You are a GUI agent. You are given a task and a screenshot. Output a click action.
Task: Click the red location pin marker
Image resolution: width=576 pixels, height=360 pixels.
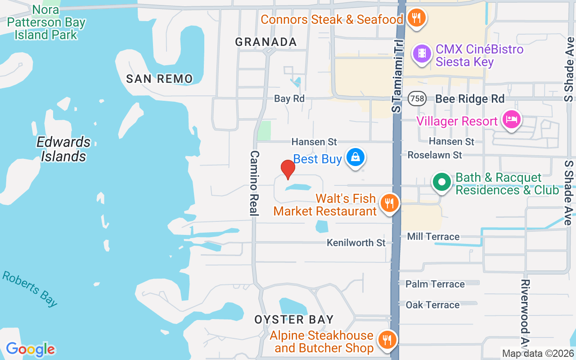click(288, 169)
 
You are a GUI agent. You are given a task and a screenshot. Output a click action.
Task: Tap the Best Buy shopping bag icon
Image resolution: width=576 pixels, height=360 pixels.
click(355, 157)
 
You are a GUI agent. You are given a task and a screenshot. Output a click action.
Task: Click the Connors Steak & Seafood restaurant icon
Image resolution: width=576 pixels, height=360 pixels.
click(416, 18)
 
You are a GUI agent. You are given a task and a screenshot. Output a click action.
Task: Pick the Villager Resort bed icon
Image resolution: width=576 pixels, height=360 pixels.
click(512, 120)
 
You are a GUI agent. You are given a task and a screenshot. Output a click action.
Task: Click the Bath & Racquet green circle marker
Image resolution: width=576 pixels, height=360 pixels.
click(442, 182)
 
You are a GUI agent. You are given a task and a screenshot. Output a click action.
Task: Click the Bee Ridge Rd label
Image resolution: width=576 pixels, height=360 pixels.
click(470, 99)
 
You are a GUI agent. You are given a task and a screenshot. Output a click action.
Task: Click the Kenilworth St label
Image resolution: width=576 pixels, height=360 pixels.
click(356, 243)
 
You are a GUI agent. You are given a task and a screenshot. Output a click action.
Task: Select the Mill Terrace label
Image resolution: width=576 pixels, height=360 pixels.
click(433, 237)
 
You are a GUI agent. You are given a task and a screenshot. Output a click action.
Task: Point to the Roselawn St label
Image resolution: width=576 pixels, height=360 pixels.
click(435, 155)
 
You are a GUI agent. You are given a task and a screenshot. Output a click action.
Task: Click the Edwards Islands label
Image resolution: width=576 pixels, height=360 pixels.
click(63, 149)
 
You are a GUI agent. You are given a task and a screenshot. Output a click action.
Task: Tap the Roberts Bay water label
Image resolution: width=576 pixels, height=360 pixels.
click(30, 288)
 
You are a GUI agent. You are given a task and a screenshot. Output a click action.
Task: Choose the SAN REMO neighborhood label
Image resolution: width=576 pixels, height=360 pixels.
click(159, 79)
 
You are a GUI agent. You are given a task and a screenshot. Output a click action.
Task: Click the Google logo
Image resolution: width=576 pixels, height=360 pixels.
click(31, 349)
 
